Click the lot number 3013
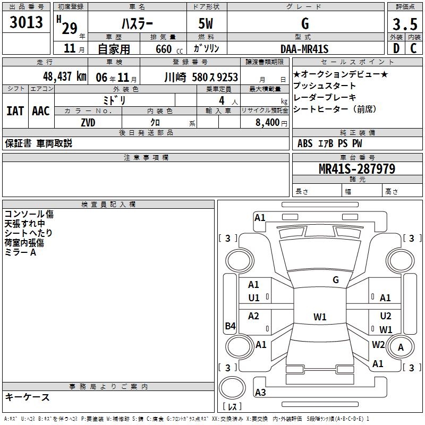(26, 23)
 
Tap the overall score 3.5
(404, 24)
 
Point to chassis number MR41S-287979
(356, 169)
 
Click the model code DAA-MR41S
(305, 49)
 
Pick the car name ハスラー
(137, 24)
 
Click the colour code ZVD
(88, 123)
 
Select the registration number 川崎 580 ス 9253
(201, 76)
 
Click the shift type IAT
(15, 111)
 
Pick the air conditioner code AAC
(40, 111)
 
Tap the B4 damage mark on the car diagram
(230, 326)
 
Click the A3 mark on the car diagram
(260, 393)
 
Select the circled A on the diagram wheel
(401, 347)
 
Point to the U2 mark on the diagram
(386, 316)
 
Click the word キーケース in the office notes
(28, 397)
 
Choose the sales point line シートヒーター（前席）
(335, 109)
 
